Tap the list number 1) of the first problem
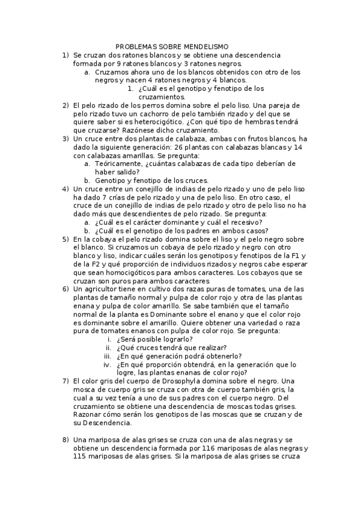[x=66, y=55]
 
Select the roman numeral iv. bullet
[x=107, y=364]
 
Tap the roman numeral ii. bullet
[x=108, y=348]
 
